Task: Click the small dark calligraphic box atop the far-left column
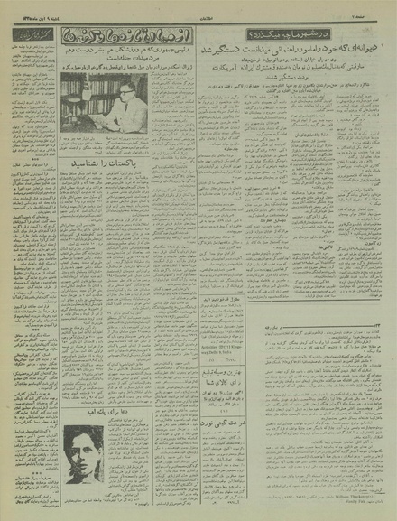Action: (x=30, y=36)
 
